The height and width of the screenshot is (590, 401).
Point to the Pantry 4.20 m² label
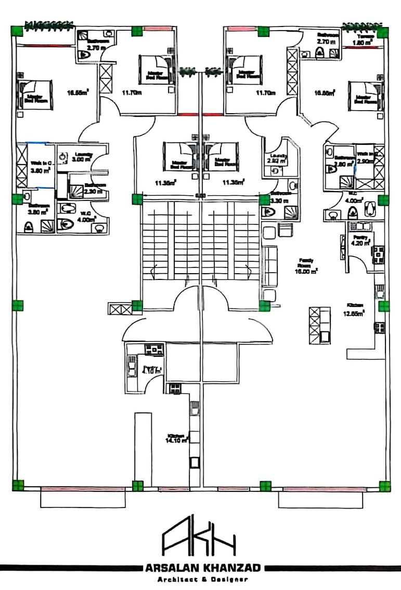360,239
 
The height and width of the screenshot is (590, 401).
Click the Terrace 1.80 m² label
362,40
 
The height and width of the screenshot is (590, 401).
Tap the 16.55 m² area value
78,93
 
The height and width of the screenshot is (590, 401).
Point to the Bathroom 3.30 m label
279,197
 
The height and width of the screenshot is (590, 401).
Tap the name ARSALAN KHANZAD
200,568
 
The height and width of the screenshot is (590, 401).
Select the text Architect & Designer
200,579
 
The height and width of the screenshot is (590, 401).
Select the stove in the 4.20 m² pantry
378,253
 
